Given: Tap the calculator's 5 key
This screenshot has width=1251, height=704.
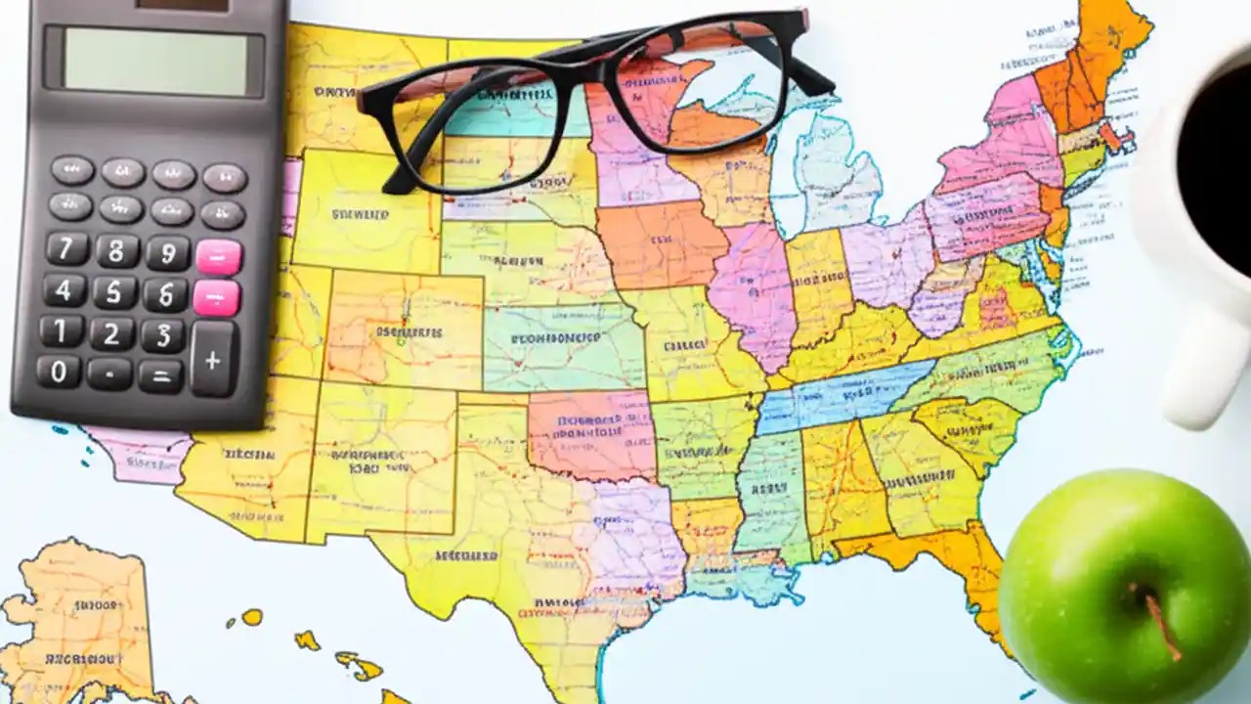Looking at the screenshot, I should (114, 292).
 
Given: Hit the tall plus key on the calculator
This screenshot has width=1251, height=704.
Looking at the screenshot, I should (213, 359).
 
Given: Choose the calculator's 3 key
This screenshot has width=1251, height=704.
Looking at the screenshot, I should (162, 334).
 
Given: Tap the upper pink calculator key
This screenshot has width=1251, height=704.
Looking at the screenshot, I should (218, 256).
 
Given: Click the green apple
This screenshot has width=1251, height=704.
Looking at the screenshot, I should (1124, 587).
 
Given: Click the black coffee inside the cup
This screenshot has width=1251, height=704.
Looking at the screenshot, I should (1217, 156).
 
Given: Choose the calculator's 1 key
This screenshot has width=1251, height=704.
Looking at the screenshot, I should (62, 330).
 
